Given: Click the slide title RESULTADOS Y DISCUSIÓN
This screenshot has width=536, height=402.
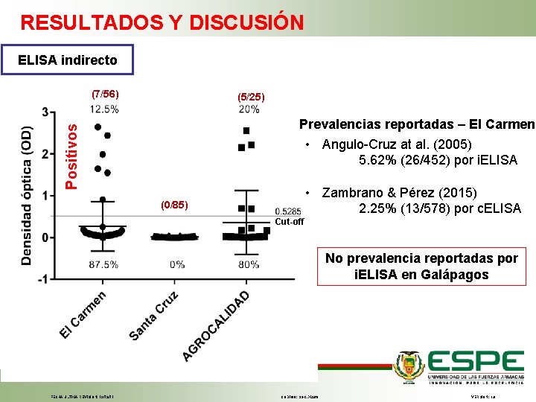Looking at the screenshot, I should click(x=162, y=22).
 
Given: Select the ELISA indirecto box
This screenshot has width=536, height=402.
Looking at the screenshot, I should click(x=68, y=60).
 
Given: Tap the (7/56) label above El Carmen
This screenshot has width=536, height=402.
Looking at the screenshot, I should click(x=103, y=95).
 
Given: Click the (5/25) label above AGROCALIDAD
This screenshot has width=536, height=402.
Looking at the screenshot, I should click(x=250, y=97).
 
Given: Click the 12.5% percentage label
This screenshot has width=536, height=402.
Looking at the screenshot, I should click(x=103, y=109).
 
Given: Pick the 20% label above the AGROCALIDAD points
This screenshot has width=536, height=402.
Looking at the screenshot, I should click(x=249, y=109).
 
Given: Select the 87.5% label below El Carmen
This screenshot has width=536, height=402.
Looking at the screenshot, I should click(x=103, y=264).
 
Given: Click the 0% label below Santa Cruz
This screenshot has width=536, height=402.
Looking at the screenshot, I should click(x=177, y=264).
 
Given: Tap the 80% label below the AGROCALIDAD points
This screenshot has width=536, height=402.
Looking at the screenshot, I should click(x=249, y=264).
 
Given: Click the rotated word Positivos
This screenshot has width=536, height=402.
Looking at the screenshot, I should click(x=71, y=155).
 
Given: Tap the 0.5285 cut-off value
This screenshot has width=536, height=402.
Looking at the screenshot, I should click(x=287, y=211).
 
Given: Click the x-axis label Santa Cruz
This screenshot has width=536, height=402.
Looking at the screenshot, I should click(x=155, y=316).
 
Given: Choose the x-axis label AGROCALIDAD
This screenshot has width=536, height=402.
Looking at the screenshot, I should click(x=217, y=326).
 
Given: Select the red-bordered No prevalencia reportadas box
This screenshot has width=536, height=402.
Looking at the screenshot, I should click(x=421, y=267).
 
